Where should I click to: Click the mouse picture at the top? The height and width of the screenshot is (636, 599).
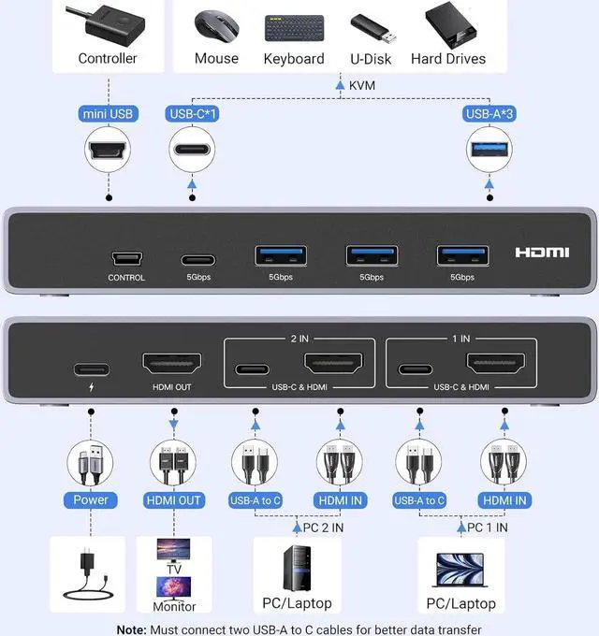[x=216, y=27]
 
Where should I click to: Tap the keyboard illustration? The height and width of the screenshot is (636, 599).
[x=293, y=27]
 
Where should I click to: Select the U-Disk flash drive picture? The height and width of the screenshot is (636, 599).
[x=372, y=27]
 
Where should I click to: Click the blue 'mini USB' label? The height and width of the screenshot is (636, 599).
[x=108, y=114]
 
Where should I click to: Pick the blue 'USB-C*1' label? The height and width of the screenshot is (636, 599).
[x=192, y=114]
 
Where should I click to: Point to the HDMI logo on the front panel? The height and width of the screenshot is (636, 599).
[x=542, y=253]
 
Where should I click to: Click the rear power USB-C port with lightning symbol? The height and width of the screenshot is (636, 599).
[x=91, y=369]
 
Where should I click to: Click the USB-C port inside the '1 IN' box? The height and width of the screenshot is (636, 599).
[x=415, y=369]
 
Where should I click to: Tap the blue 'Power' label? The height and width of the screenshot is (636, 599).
[x=90, y=499]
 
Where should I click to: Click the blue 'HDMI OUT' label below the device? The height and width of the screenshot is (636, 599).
[x=173, y=500]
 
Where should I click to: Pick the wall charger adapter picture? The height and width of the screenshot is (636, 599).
[x=90, y=572]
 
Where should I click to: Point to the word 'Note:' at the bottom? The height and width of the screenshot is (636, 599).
[x=134, y=629]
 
